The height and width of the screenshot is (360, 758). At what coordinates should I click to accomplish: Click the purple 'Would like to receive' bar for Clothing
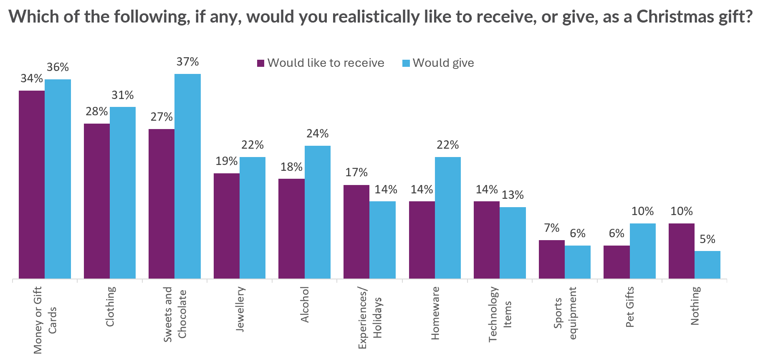pos(97,201)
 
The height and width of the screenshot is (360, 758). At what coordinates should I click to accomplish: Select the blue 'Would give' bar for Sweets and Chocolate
pos(187,176)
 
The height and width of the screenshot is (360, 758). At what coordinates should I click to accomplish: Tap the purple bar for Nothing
pos(681,251)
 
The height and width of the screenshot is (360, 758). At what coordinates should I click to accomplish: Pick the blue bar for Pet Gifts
pos(642,251)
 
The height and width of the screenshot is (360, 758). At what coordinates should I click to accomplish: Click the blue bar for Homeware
pos(447,218)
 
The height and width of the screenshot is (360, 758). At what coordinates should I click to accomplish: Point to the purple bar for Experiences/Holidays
pos(356,231)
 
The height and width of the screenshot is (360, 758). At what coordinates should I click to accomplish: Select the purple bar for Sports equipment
pos(551,259)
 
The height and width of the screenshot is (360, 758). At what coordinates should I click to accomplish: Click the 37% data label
pos(187,62)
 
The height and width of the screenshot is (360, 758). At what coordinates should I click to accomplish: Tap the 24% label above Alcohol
pos(317,134)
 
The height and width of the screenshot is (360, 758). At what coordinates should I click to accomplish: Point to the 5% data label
pos(707,239)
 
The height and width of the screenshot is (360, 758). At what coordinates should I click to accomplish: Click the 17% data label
pos(356,172)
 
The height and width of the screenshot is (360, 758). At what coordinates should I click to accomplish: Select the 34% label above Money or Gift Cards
pos(32,79)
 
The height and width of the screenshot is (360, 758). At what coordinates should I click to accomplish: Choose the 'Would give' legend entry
pos(438,63)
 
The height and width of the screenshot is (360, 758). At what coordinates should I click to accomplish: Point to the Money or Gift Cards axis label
pos(45,320)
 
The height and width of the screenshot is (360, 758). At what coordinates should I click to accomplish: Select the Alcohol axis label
pos(305,304)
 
